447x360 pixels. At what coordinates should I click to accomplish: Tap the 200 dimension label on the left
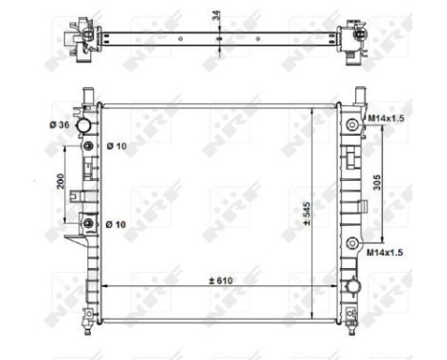(59, 183)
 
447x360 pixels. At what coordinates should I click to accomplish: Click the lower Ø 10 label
(117, 224)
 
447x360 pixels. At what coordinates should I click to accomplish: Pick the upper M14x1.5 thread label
(388, 119)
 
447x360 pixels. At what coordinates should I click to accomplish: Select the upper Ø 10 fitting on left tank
(88, 146)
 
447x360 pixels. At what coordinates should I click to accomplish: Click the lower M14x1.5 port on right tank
(354, 242)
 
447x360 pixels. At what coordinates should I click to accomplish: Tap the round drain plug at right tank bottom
(354, 284)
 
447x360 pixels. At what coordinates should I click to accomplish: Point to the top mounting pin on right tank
(361, 94)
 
